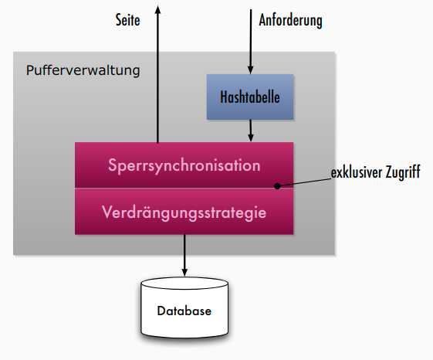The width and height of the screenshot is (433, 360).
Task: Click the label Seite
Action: [x=127, y=20]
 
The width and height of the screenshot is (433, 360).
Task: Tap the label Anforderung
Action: [x=290, y=20]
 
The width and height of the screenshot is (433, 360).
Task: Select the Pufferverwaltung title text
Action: [x=83, y=70]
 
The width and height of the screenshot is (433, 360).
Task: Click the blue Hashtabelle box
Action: [x=250, y=97]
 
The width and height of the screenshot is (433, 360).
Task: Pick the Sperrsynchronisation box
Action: [x=184, y=165]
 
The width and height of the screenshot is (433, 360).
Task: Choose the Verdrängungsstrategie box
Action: [x=184, y=212]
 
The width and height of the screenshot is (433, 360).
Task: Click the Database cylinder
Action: [x=184, y=307]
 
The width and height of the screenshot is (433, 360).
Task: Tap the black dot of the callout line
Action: [x=277, y=186]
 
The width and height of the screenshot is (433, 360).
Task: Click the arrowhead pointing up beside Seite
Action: [x=157, y=9]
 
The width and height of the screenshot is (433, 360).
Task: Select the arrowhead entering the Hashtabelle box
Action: [x=251, y=70]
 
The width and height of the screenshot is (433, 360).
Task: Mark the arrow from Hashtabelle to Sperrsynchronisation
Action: [x=251, y=131]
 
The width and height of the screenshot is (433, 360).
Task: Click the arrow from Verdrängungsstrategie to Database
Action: [x=184, y=256]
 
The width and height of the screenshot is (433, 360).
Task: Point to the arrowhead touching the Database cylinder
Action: [x=184, y=273]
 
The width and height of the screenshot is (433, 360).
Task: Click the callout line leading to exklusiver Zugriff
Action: [x=304, y=182]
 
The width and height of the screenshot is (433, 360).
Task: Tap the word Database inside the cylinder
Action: [x=184, y=311]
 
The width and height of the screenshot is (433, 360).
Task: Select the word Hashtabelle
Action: [x=250, y=97]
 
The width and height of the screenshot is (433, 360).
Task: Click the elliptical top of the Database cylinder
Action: [x=184, y=284]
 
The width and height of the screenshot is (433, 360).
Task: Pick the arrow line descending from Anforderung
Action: [x=251, y=42]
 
